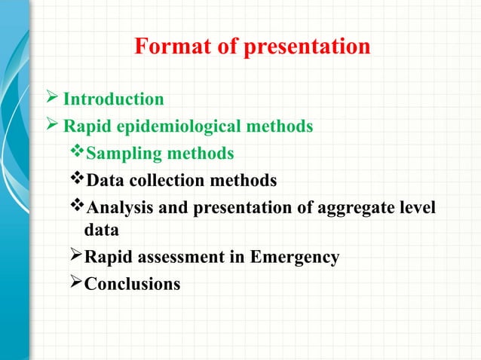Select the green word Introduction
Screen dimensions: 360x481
click(113, 99)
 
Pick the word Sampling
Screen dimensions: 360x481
click(118, 154)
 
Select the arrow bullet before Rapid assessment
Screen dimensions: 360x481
click(75, 257)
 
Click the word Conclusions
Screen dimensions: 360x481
click(132, 284)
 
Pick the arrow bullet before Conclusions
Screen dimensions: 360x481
click(75, 283)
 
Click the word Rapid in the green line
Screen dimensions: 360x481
click(85, 127)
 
